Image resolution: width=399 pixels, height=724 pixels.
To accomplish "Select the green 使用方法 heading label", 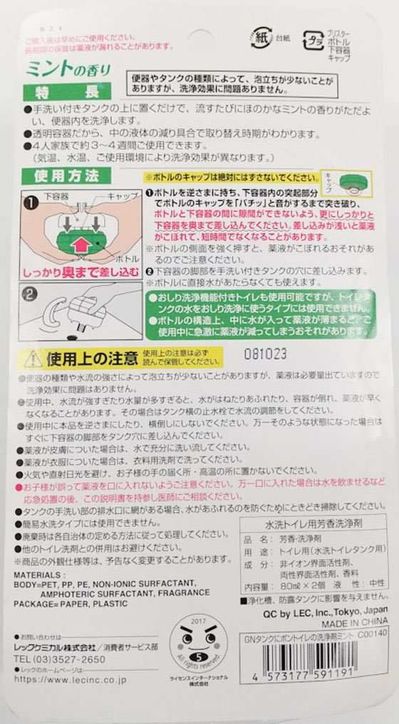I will pyautogui.click(x=66, y=175).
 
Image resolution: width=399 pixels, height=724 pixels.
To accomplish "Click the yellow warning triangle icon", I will pyautogui.click(x=33, y=358).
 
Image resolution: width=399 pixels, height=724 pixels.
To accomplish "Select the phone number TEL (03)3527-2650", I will pyautogui.click(x=60, y=660).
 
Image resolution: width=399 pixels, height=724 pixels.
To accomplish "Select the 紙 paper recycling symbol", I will pyautogui.click(x=261, y=37).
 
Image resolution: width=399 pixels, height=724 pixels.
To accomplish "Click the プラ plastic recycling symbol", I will pyautogui.click(x=314, y=39).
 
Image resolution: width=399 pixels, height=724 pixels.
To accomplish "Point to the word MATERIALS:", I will pyautogui.click(x=38, y=574).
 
